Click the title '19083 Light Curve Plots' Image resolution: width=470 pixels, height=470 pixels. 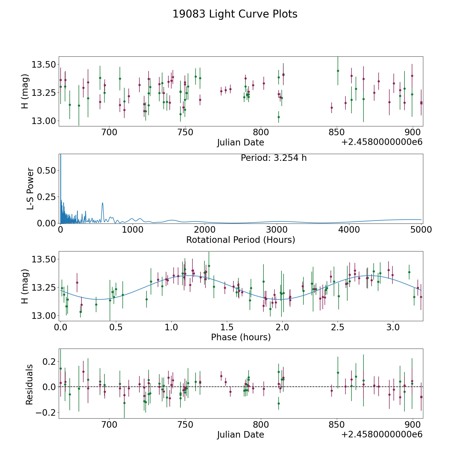coord(235,14)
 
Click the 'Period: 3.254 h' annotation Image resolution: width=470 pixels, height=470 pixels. coord(273,158)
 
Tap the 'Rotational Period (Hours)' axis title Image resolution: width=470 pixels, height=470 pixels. coord(240,240)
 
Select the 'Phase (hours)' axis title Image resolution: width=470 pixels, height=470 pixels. coord(240,337)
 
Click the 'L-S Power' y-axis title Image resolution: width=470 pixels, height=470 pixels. coord(30,189)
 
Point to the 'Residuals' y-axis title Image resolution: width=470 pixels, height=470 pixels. coord(30,384)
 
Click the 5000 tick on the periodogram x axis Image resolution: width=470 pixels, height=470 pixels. coord(421,230)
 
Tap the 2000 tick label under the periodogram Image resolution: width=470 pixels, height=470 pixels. coord(205,230)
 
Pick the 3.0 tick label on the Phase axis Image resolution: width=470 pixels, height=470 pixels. coord(392,327)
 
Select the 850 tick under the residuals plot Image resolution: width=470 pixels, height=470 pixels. coord(337,425)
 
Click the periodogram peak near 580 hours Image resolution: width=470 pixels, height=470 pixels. coord(102,203)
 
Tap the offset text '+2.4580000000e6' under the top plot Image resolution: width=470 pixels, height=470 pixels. coord(382,142)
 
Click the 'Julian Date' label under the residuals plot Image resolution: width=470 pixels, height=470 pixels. coord(240,434)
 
